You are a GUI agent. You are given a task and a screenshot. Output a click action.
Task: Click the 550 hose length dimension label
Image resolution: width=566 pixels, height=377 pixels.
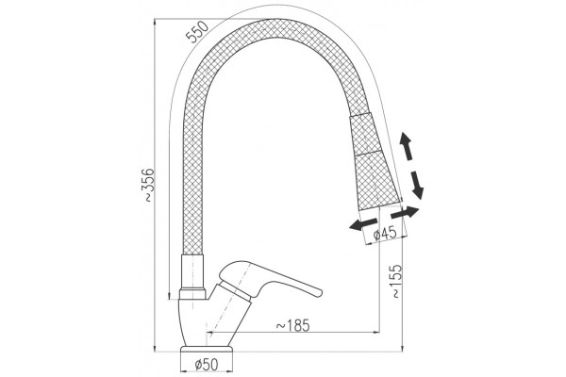197,32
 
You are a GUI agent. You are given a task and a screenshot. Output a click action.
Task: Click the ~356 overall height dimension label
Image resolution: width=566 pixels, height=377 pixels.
149,185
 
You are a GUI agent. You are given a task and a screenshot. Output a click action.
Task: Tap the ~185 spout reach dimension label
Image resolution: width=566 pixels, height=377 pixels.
292,325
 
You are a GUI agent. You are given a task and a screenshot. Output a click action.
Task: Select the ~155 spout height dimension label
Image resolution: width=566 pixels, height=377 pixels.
397,281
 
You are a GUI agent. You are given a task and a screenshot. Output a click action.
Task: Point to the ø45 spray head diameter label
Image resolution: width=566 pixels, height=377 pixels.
385,234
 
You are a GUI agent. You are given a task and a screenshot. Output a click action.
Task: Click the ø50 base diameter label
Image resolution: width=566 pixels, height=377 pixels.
207,365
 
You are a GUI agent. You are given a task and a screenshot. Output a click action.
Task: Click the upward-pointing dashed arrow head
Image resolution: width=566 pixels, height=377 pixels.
405,139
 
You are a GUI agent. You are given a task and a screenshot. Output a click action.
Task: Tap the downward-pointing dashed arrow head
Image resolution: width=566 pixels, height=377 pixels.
418,191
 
